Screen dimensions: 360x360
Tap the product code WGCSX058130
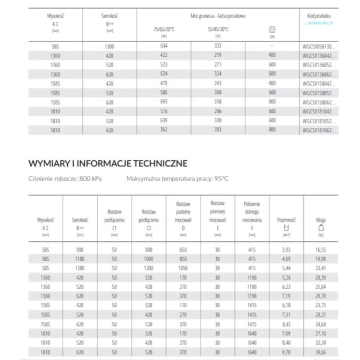tap(319, 46)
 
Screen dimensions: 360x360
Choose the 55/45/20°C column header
tap(218, 28)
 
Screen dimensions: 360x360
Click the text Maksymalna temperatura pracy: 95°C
tap(176, 178)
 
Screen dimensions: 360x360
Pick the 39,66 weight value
tap(320, 354)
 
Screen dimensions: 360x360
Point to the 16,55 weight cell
tap(320, 249)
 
